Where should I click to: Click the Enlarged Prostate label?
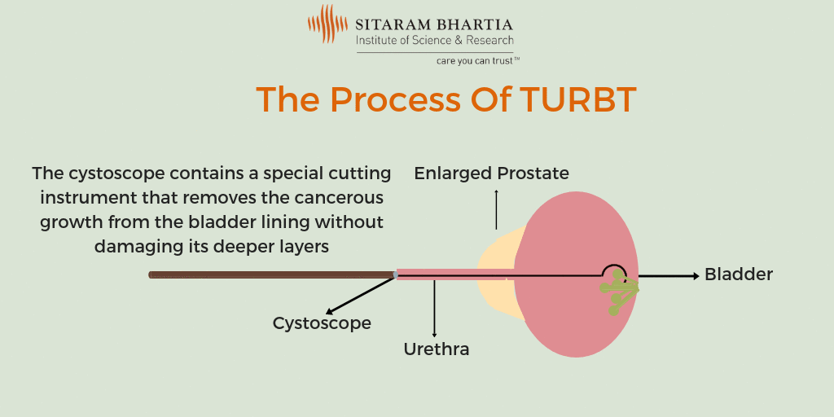[491, 173]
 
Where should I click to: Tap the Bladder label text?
[738, 274]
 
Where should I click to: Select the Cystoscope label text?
[322, 323]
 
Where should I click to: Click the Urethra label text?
[437, 349]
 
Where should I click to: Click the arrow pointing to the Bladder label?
[668, 276]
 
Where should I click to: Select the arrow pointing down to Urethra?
[434, 309]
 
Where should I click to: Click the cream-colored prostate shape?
[494, 281]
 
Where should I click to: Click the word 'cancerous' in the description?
[343, 198]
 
